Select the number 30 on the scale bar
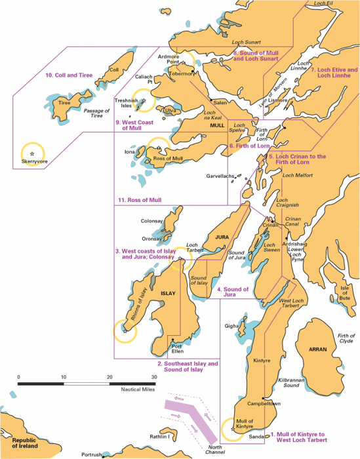154,376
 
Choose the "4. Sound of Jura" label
231,292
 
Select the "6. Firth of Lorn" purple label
249,146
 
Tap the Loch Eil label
327,4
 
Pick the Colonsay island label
152,221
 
